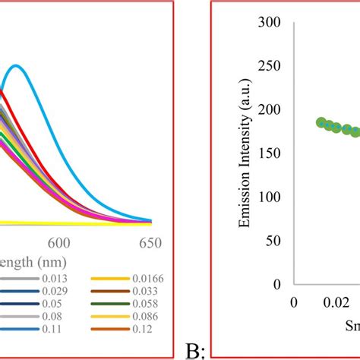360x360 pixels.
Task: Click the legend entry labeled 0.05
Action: tap(52, 303)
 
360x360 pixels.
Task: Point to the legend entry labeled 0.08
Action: tap(52, 315)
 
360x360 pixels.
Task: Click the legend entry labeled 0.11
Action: tap(52, 327)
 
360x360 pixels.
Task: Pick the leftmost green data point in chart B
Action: tap(321, 122)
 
